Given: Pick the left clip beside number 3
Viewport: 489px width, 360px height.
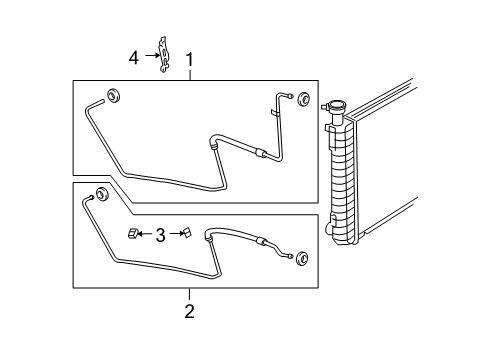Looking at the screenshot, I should pyautogui.click(x=132, y=234).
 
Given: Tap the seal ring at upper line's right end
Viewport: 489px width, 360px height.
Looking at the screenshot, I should pyautogui.click(x=301, y=96).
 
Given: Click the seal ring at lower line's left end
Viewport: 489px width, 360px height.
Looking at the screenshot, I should pyautogui.click(x=102, y=194).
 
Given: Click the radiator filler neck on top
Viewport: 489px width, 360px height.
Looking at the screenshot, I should pyautogui.click(x=334, y=108).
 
